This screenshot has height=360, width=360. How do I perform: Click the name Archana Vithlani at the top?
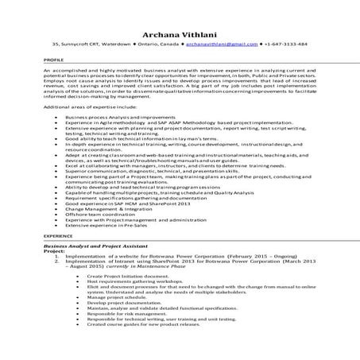[x=180, y=33]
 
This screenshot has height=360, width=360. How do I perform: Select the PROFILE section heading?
[x=53, y=60]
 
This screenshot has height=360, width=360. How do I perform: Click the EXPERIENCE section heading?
[x=58, y=236]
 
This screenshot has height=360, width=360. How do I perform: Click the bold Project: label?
[x=55, y=253]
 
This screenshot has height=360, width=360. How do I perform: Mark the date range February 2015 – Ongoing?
[x=263, y=258]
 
